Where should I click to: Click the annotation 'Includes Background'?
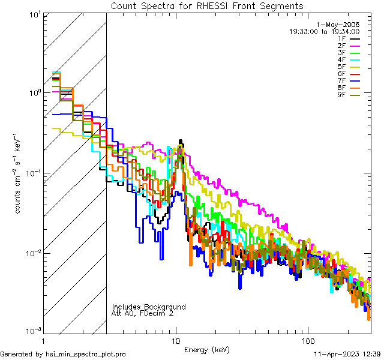tap(149, 307)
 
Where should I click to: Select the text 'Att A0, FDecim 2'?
tap(143, 313)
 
